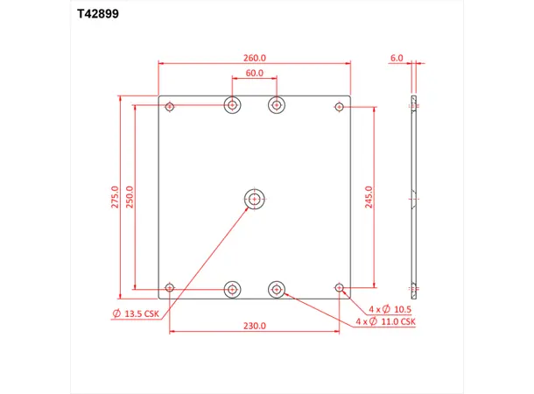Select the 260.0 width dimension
[255, 58]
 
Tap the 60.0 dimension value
[255, 74]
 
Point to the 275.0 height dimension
[114, 196]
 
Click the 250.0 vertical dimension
[130, 196]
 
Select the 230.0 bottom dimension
[255, 326]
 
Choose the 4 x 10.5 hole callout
[390, 310]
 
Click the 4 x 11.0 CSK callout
[386, 322]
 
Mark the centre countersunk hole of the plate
[255, 199]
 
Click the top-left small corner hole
[170, 107]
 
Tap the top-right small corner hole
[339, 107]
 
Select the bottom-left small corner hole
[170, 287]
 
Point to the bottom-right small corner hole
[339, 287]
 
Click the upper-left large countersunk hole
[232, 106]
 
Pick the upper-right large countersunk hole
[277, 106]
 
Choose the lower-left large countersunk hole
[232, 288]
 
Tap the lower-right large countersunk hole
[277, 288]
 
